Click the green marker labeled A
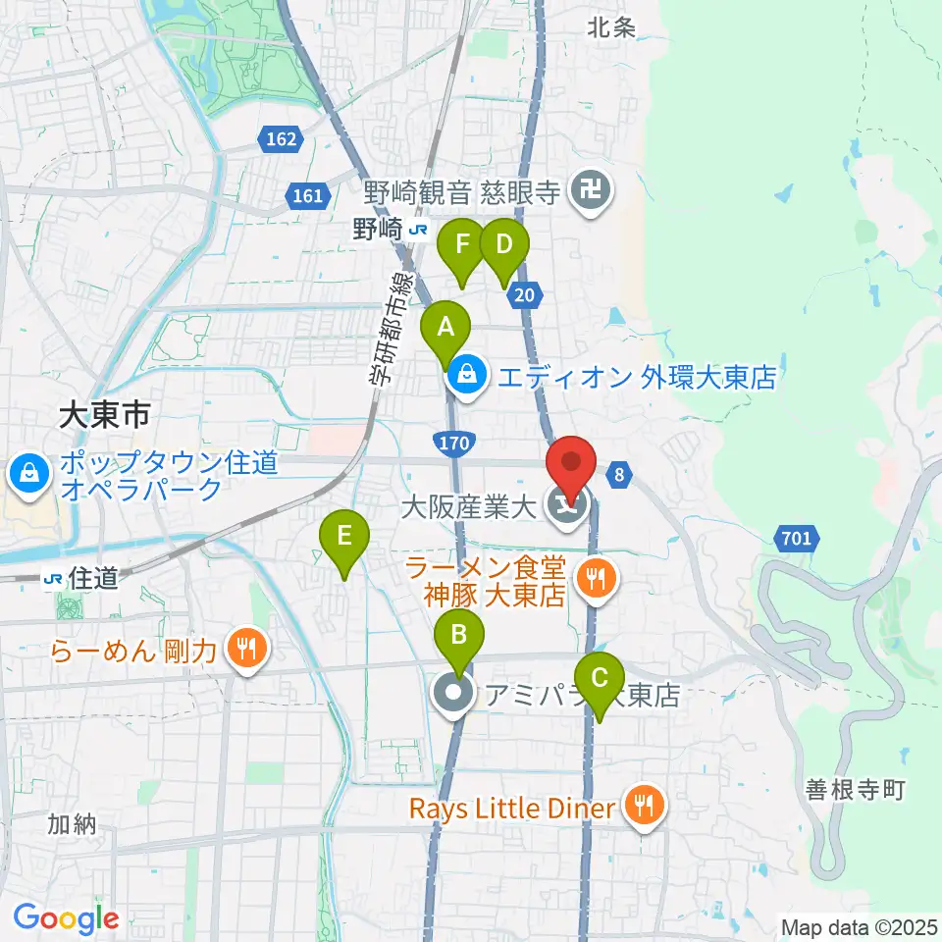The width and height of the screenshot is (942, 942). [445, 328]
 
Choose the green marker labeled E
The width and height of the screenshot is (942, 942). [344, 537]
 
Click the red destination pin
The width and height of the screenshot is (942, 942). [572, 462]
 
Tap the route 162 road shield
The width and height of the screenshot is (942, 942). [281, 140]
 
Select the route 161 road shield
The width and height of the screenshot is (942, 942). [307, 196]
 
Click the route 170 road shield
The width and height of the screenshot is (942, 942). [453, 444]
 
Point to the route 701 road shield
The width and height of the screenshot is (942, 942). [797, 537]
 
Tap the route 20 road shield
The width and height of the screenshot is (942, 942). [526, 294]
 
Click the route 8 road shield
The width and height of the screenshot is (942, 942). [617, 475]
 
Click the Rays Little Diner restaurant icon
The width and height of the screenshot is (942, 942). [645, 808]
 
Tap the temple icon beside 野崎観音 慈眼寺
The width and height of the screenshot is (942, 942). [593, 190]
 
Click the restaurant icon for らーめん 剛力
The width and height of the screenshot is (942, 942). [245, 649]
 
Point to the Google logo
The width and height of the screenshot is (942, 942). [66, 919]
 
